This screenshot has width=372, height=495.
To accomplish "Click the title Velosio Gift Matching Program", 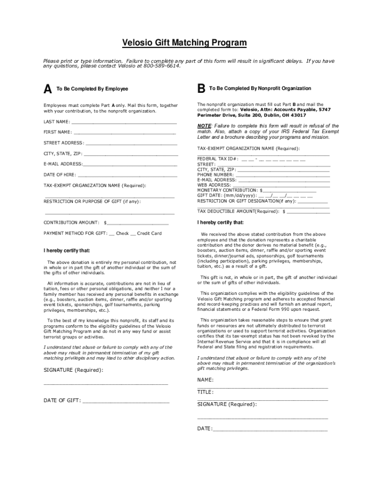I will (x=184, y=43).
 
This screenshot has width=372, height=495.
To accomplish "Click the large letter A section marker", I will (x=47, y=89).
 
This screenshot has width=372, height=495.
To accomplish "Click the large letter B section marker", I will (x=201, y=89).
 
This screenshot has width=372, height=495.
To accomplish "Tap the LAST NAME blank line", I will (x=124, y=122).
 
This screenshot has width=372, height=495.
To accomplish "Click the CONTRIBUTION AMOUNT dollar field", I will (x=138, y=223).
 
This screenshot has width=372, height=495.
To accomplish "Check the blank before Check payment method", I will (x=112, y=234).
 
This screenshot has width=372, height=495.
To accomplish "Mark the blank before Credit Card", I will (x=133, y=234).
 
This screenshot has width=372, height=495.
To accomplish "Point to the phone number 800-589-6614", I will (x=161, y=66).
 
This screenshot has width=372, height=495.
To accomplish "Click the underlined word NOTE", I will (x=204, y=126).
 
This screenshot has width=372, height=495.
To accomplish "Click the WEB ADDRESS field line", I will (x=281, y=185).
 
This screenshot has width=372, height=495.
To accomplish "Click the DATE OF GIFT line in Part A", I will (x=126, y=401).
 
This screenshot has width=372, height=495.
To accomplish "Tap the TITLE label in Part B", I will (x=205, y=392).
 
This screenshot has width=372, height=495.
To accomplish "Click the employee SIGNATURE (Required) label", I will (x=73, y=370).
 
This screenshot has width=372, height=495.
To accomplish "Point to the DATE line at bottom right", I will (x=270, y=429).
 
